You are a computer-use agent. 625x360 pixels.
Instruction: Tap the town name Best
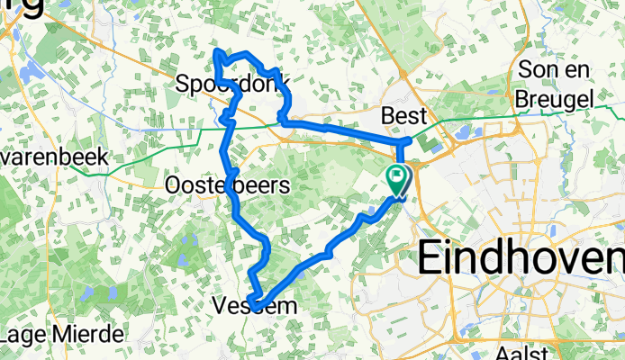coord(401,116)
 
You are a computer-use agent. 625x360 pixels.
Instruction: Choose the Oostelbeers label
coord(228,186)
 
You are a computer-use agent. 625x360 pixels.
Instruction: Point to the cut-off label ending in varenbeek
coord(54,157)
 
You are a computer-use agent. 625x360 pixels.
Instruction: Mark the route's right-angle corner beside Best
coord(402,141)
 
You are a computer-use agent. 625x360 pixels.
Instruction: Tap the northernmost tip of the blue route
coord(216,54)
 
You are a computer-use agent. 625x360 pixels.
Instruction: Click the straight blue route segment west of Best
coord(342,131)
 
